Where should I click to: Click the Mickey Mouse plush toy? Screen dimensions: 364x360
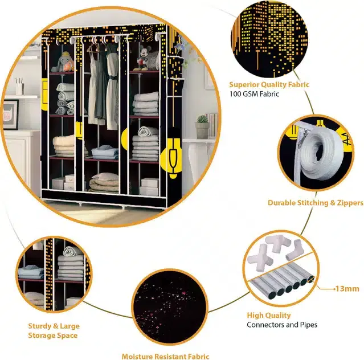tap(142, 58)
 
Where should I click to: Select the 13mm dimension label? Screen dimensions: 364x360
tap(347, 289)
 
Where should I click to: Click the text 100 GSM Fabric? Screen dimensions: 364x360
tap(254, 94)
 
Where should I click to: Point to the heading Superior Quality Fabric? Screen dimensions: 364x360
tap(269, 84)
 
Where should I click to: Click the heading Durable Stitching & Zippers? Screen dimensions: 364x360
tap(316, 203)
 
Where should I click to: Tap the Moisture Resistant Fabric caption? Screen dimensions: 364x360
tap(165, 356)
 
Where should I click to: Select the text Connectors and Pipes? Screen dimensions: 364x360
tap(282, 325)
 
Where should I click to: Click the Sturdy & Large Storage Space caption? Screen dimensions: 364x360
tap(54, 330)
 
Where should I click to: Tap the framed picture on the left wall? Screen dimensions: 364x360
tap(10, 114)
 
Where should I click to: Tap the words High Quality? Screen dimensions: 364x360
tap(269, 315)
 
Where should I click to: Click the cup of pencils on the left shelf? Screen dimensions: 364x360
tap(19, 87)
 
